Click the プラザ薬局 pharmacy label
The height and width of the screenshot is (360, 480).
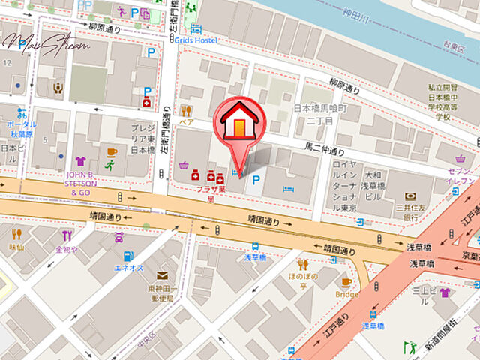[x=211, y=194]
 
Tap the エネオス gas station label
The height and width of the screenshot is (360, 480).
[x=127, y=268]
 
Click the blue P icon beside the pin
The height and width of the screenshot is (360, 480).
[x=256, y=180]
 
